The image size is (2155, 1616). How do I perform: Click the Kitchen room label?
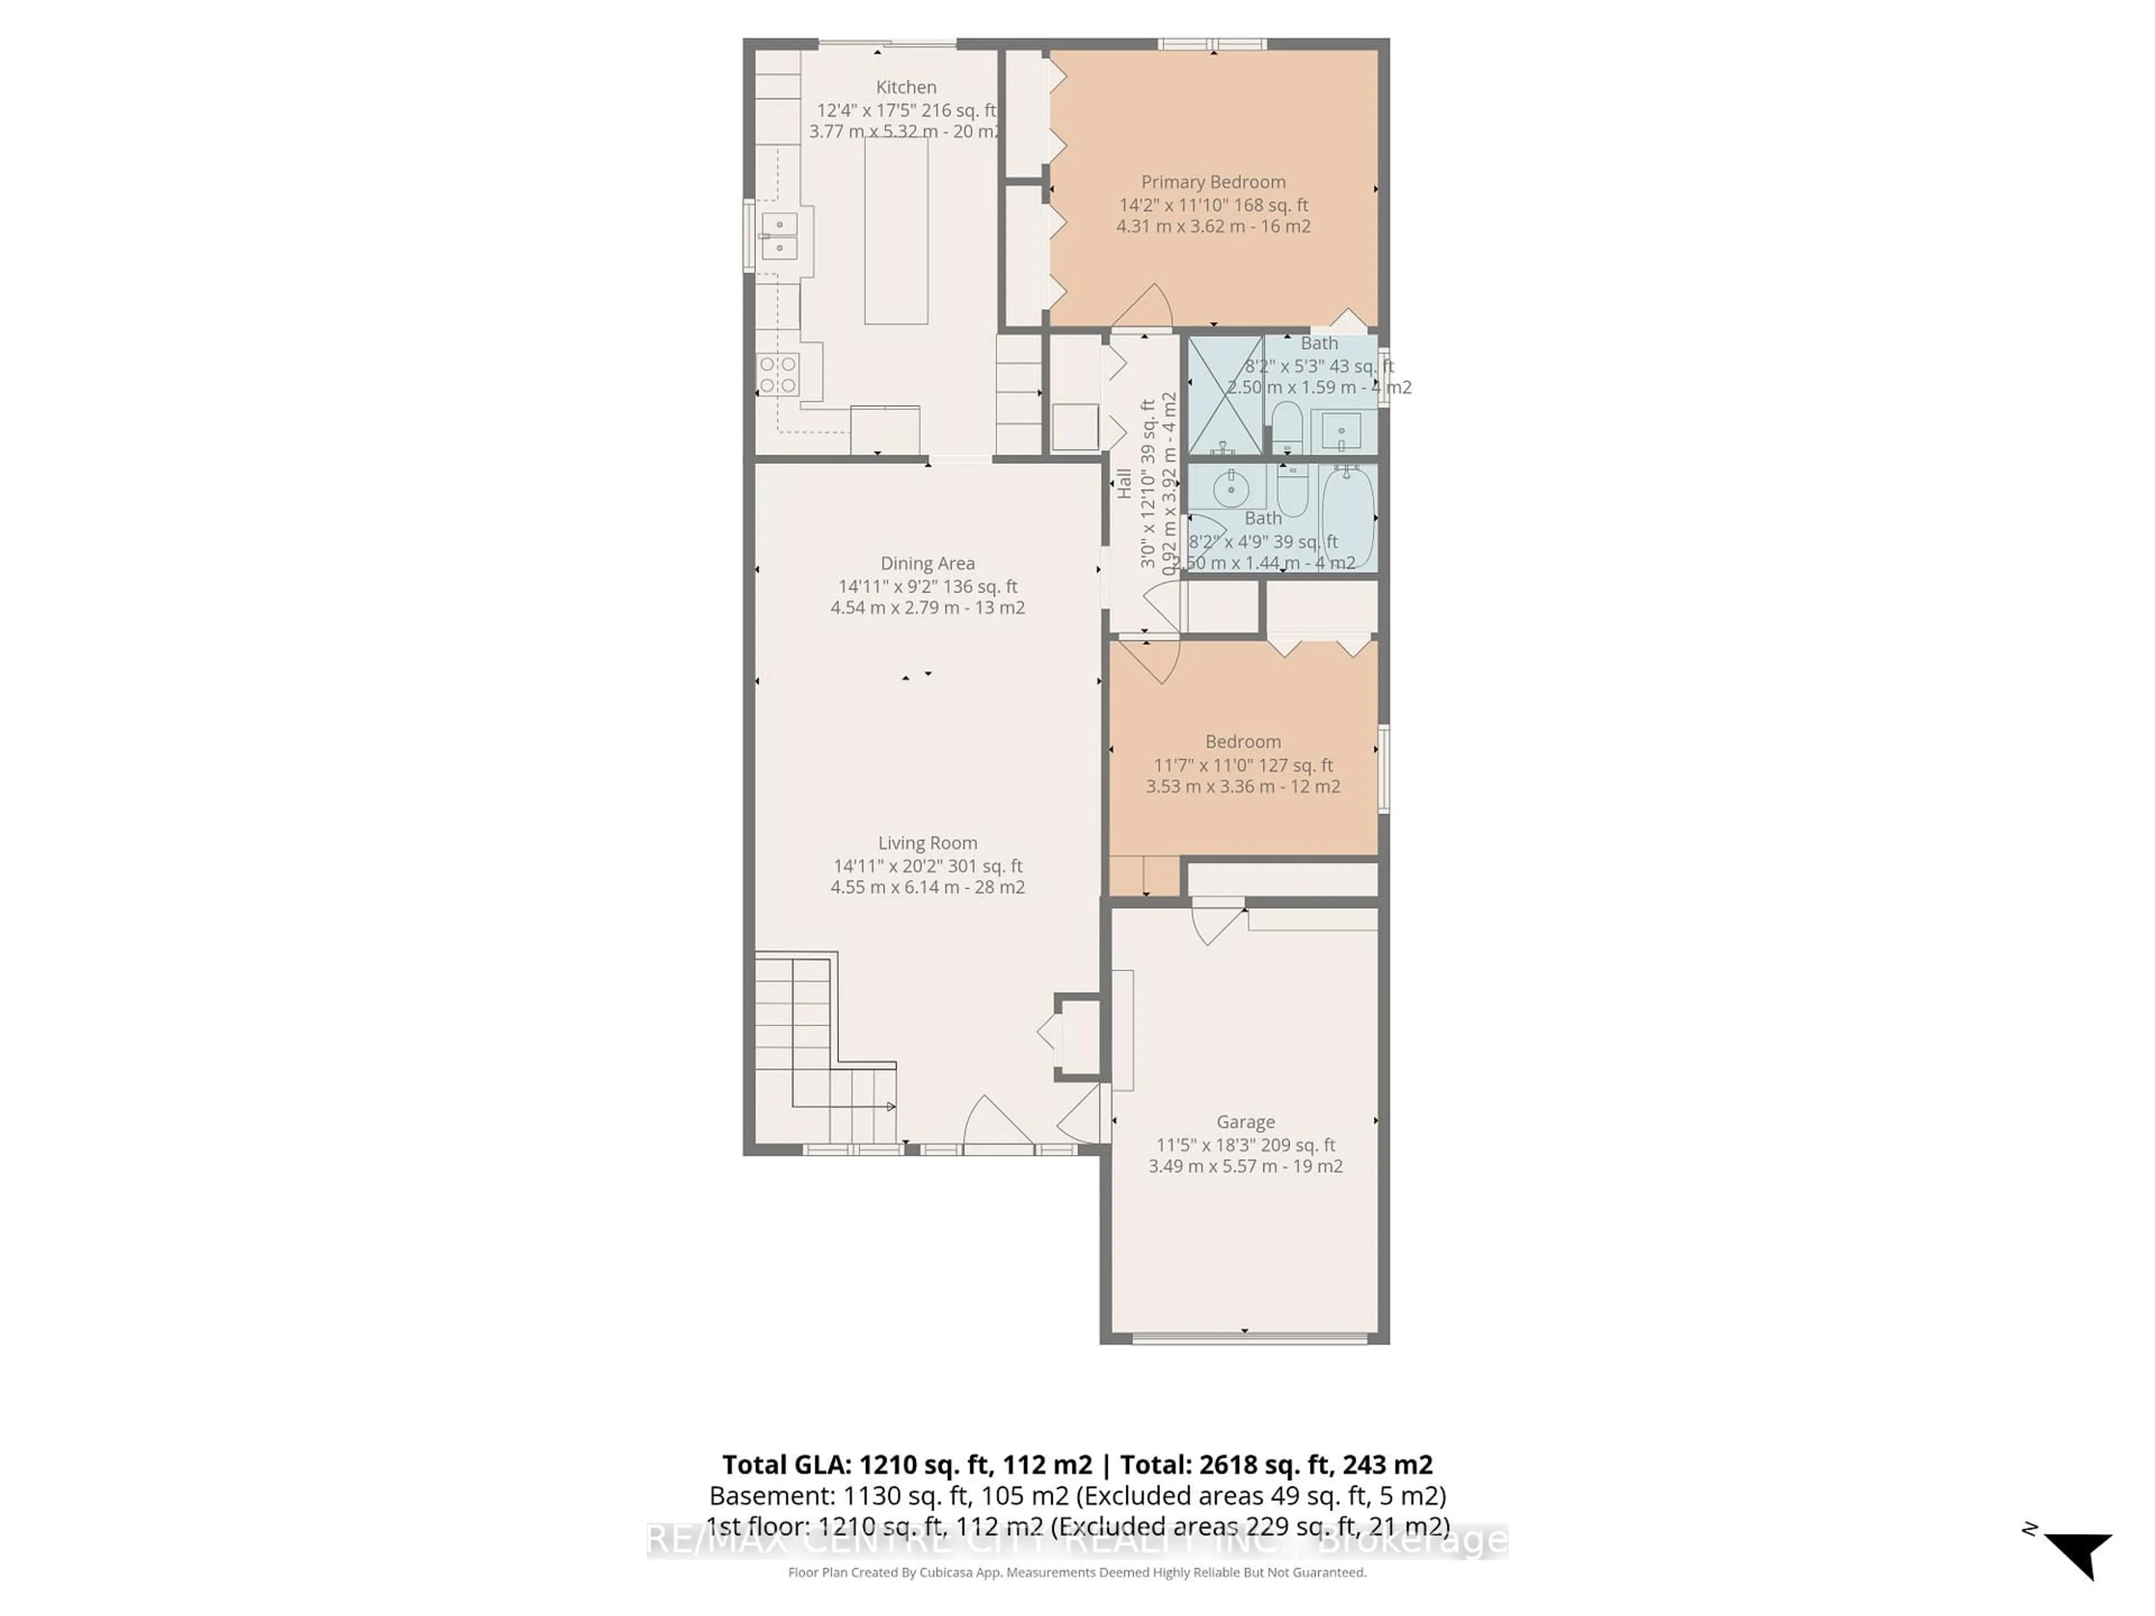click(x=905, y=88)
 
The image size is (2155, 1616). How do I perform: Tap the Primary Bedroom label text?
click(x=1213, y=182)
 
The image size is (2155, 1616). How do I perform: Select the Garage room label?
click(x=1245, y=1122)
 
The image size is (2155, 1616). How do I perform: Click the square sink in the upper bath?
click(x=1341, y=430)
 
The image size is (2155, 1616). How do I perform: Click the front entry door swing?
click(x=994, y=1125)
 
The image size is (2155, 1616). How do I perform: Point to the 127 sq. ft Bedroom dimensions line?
click(x=1243, y=765)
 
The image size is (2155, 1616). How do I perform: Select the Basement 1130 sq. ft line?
click(x=1076, y=1496)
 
